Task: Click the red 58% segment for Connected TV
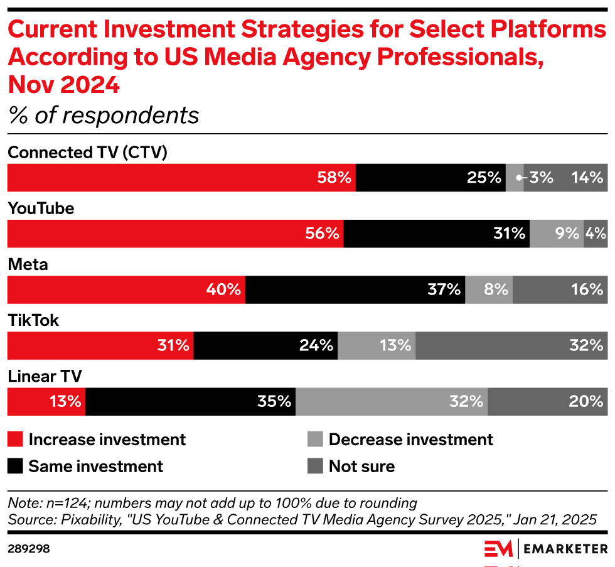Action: click(x=181, y=178)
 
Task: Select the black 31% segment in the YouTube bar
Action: click(x=436, y=234)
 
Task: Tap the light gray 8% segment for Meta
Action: click(x=489, y=289)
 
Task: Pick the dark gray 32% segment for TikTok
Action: click(x=511, y=345)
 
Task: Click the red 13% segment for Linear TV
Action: click(x=46, y=401)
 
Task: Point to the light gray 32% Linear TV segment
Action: click(x=391, y=401)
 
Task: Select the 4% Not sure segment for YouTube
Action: click(x=595, y=234)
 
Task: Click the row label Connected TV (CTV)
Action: click(x=87, y=153)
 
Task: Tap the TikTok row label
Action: click(x=33, y=320)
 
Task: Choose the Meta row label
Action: click(x=28, y=264)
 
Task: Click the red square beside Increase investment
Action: click(x=15, y=440)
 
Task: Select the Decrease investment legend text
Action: click(x=411, y=440)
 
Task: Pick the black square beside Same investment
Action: click(x=15, y=467)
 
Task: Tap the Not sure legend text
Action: click(x=361, y=467)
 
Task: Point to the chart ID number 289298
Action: click(x=28, y=549)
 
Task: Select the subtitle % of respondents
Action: click(x=103, y=116)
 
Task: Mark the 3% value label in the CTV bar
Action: click(x=540, y=178)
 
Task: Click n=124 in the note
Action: click(x=56, y=503)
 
